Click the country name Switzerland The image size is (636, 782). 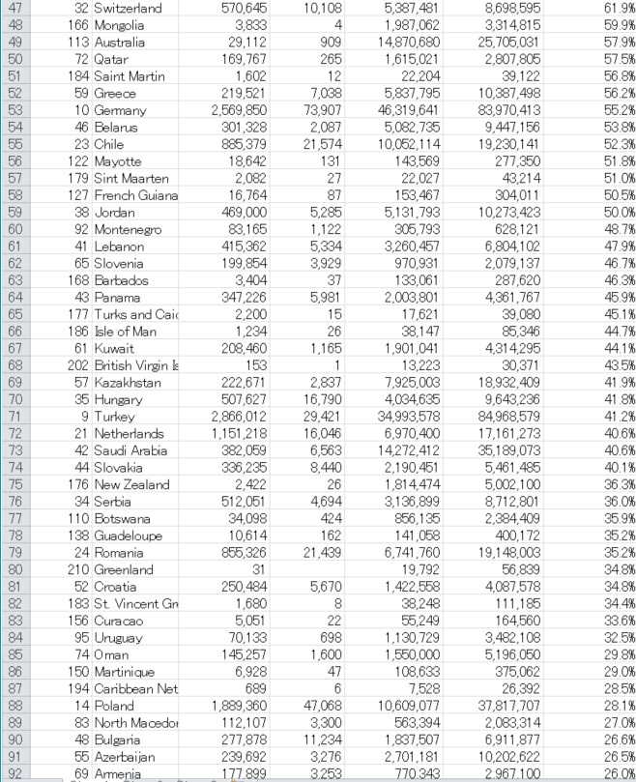(x=128, y=8)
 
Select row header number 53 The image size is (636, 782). (x=15, y=110)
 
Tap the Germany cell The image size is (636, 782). (x=122, y=110)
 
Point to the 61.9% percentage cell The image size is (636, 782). (x=614, y=8)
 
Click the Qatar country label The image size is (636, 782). (x=114, y=59)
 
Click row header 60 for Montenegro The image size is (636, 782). (x=15, y=229)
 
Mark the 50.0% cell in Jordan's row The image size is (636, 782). (x=614, y=212)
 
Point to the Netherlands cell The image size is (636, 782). (x=130, y=433)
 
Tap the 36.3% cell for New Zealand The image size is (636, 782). (x=614, y=484)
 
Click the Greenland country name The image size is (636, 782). (x=126, y=568)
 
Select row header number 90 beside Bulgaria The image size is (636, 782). (x=15, y=739)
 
